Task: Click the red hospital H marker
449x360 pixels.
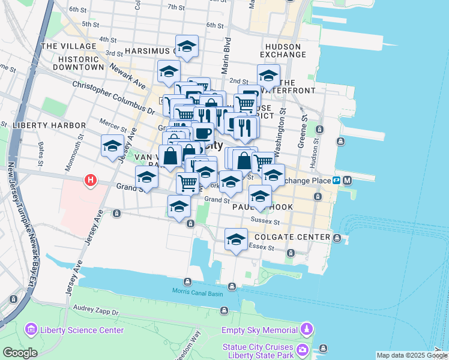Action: click(x=90, y=179)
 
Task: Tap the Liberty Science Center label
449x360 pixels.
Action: click(x=82, y=330)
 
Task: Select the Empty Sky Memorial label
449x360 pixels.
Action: click(x=260, y=329)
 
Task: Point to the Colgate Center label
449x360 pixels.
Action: click(x=297, y=237)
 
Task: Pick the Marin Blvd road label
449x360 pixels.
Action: click(x=227, y=45)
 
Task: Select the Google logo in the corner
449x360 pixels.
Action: click(x=20, y=353)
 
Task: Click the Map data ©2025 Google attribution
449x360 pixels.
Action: click(x=412, y=355)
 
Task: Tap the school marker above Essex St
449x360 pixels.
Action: click(x=237, y=239)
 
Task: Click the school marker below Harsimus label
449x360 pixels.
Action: click(x=187, y=46)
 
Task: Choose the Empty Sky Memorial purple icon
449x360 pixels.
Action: click(x=307, y=329)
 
